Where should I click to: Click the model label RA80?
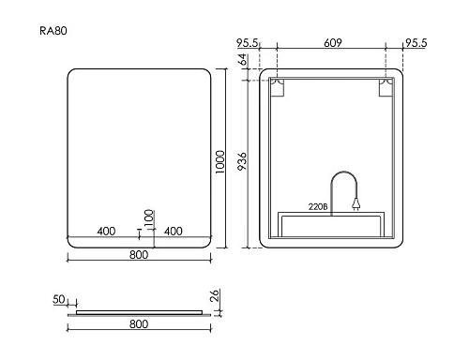coord(53,31)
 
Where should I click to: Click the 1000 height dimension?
coord(220,162)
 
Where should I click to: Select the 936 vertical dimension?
coord(242,161)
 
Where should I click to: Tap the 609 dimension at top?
coord(333,42)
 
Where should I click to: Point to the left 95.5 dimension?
coord(247,43)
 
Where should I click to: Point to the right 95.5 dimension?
coord(416,43)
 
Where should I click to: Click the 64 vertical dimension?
coord(242,59)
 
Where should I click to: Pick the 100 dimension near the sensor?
coord(149,217)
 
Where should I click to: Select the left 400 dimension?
coord(106,232)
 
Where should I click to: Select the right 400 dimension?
coord(174,232)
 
